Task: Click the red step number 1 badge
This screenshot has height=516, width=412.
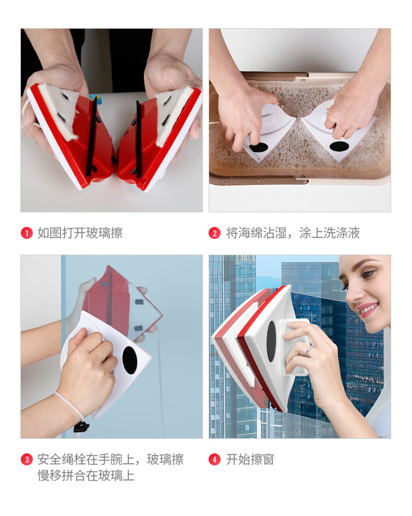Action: pyautogui.click(x=27, y=233)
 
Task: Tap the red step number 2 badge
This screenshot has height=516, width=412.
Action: pyautogui.click(x=214, y=233)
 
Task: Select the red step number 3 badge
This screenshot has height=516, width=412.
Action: pyautogui.click(x=27, y=460)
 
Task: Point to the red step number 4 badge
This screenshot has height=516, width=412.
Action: pyautogui.click(x=214, y=460)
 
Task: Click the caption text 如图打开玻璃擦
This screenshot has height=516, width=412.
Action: pyautogui.click(x=80, y=233)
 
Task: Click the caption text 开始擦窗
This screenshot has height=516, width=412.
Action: pyautogui.click(x=250, y=460)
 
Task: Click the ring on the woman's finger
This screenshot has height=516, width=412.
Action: pyautogui.click(x=308, y=350)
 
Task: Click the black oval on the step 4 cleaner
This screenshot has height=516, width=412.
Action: pyautogui.click(x=271, y=341)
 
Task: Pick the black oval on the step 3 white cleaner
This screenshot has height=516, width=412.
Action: pyautogui.click(x=130, y=360)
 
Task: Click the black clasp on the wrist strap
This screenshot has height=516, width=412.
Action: pyautogui.click(x=81, y=427)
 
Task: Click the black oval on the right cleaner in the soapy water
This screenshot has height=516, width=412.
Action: pyautogui.click(x=339, y=146)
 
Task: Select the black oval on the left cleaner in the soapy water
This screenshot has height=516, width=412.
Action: pyautogui.click(x=258, y=147)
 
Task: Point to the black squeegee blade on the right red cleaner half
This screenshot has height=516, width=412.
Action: pyautogui.click(x=138, y=139)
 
